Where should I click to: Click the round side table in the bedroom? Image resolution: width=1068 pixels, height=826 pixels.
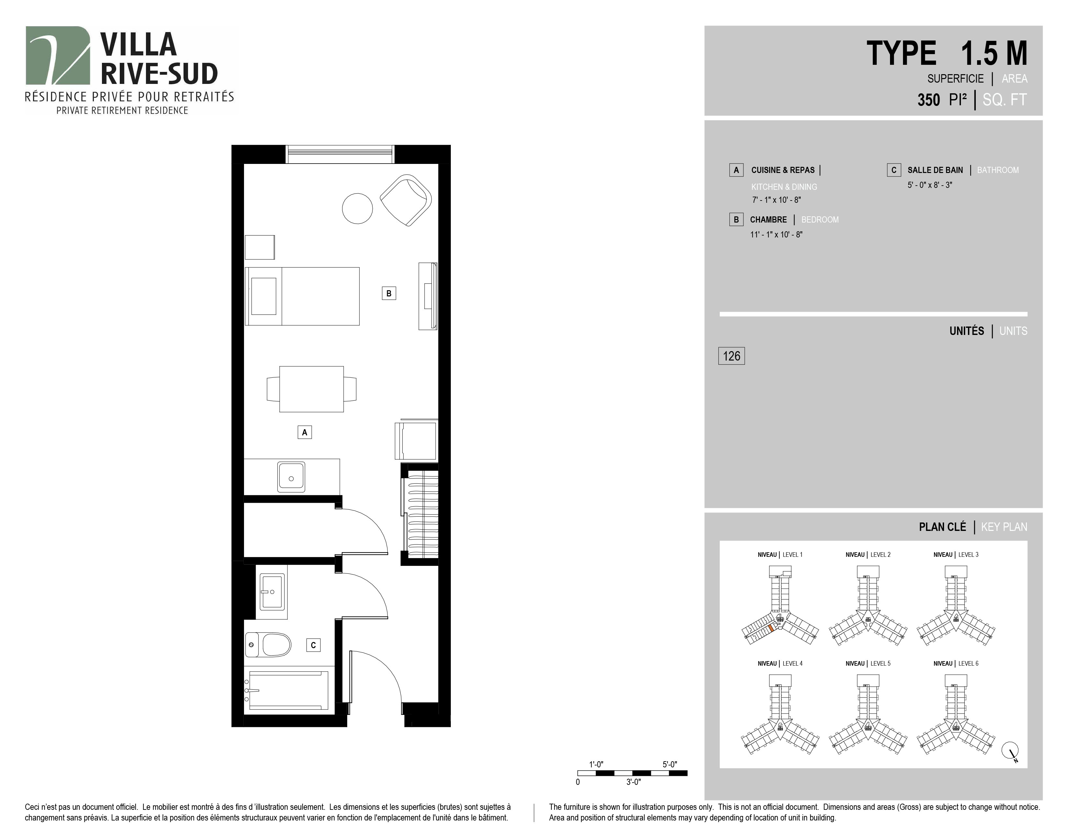[x=358, y=209]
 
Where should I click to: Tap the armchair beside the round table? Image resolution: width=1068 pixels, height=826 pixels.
[x=406, y=200]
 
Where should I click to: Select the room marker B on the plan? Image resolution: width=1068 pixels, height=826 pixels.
[x=389, y=293]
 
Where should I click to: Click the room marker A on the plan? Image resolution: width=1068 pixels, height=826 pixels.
[x=305, y=432]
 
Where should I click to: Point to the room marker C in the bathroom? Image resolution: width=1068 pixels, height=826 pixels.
[x=314, y=645]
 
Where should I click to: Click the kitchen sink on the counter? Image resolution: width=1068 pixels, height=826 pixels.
[x=292, y=476]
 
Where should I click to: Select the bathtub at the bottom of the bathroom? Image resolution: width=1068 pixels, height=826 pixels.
[x=288, y=690]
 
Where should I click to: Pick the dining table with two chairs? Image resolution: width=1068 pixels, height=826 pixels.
[x=311, y=389]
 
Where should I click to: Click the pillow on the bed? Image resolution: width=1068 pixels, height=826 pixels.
[x=263, y=296]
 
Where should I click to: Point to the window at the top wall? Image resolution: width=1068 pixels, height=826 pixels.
[x=340, y=154]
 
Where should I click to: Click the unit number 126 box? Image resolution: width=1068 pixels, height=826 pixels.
[x=731, y=356]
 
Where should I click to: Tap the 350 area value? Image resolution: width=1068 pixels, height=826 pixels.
[x=929, y=100]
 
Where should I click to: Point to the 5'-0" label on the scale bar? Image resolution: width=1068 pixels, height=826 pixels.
[x=670, y=764]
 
